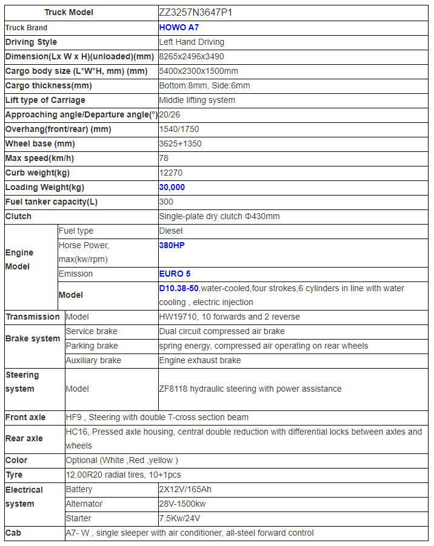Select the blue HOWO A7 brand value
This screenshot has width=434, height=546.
pyautogui.click(x=179, y=27)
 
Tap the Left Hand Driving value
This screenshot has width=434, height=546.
pyautogui.click(x=192, y=42)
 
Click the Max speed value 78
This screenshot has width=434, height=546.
pyautogui.click(x=164, y=158)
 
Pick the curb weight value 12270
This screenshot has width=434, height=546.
pyautogui.click(x=170, y=173)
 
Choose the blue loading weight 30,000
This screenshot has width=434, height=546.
pyautogui.click(x=172, y=187)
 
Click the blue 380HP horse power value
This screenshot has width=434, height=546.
pyautogui.click(x=172, y=246)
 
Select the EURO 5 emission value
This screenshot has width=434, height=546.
pyautogui.click(x=175, y=274)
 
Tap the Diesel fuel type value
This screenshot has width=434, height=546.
pyautogui.click(x=171, y=231)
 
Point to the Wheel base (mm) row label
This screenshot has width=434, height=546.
pyautogui.click(x=40, y=143)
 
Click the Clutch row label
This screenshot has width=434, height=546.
pyautogui.click(x=18, y=216)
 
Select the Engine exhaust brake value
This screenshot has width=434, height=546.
pyautogui.click(x=200, y=360)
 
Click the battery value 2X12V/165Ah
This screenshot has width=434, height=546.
pyautogui.click(x=185, y=489)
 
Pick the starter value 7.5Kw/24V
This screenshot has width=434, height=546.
pyautogui.click(x=180, y=518)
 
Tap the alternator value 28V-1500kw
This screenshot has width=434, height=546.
pyautogui.click(x=184, y=504)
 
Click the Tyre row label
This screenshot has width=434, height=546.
pyautogui.click(x=16, y=475)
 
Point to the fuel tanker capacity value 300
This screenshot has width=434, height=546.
pyautogui.click(x=166, y=202)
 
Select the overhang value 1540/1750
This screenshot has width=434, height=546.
pyautogui.click(x=179, y=129)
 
